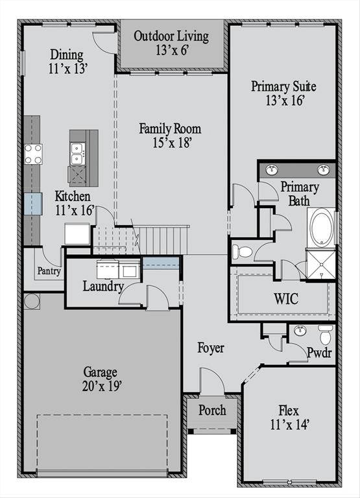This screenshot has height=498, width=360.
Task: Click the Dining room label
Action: pos(67,60)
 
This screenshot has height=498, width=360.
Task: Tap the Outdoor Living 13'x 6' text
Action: pos(171,43)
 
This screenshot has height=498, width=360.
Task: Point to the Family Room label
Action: pos(170,135)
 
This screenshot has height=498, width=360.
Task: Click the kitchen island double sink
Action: pos(77,154)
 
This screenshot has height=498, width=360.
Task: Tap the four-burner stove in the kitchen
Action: pos(33,154)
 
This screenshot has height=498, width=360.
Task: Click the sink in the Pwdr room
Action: pos(300,331)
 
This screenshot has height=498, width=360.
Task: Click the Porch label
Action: pos(212,410)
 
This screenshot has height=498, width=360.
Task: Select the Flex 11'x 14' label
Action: pos(289,418)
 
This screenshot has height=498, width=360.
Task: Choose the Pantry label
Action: pos(49,271)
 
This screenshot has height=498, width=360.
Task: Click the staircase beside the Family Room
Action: pos(162,240)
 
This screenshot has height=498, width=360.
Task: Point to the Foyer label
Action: pos(211,348)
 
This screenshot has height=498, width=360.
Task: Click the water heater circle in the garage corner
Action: pos(32,301)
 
